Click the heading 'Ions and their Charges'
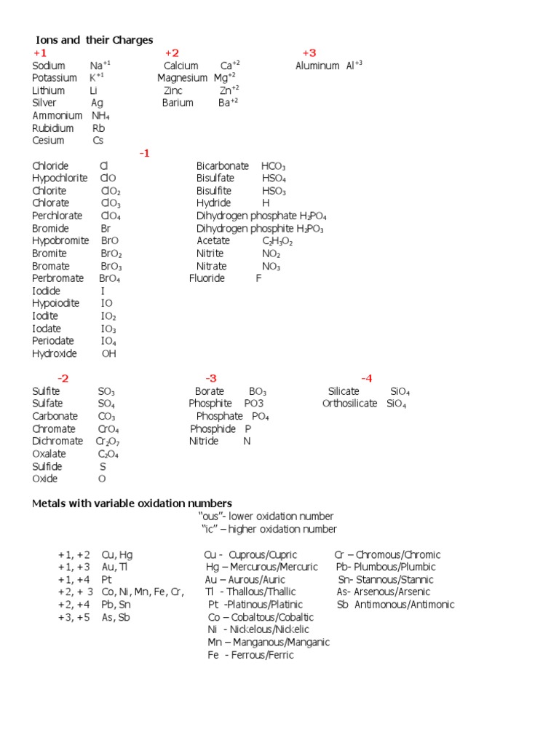coord(95,40)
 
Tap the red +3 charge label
coord(309,53)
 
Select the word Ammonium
coord(57,115)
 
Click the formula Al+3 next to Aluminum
coord(354,66)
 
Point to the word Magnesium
coord(182,78)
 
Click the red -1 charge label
coord(144,153)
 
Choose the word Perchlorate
coord(57,216)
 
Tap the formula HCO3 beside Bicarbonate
coord(274,166)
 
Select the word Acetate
coord(213,240)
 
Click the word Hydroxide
coord(54,353)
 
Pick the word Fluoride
coord(207,278)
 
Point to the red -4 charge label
coord(366,378)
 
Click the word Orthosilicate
coord(349,404)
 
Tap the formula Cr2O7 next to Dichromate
coord(108,441)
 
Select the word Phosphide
coord(213,429)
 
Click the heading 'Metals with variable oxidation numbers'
coord(132,503)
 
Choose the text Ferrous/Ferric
coord(261,655)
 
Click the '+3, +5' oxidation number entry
coord(74,617)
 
